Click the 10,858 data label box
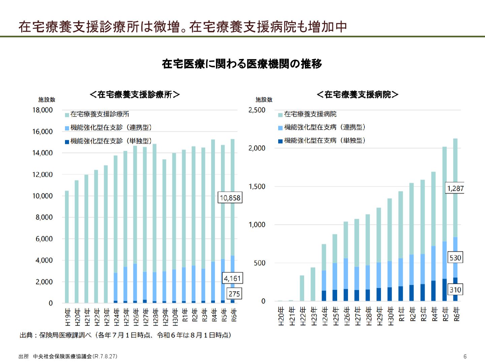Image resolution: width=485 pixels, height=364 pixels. pyautogui.click(x=230, y=198)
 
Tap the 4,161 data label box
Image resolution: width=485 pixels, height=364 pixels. pyautogui.click(x=232, y=278)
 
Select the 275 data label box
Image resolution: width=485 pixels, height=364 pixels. pyautogui.click(x=234, y=294)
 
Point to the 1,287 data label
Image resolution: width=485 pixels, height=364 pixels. pyautogui.click(x=455, y=188)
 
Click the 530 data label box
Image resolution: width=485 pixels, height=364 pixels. pyautogui.click(x=455, y=258)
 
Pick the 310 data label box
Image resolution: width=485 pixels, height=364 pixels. pyautogui.click(x=455, y=290)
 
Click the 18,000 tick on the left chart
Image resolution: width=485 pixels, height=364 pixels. pyautogui.click(x=42, y=110)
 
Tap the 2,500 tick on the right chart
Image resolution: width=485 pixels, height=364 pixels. pyautogui.click(x=257, y=110)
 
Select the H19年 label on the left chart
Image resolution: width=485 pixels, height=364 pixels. pyautogui.click(x=68, y=317)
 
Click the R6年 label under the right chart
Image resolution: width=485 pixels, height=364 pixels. pyautogui.click(x=456, y=314)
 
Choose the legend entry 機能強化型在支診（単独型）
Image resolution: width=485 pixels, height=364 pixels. pyautogui.click(x=108, y=141)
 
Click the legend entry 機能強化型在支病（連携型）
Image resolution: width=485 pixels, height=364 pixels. pyautogui.click(x=322, y=127)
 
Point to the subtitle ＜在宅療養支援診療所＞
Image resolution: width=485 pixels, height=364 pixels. pyautogui.click(x=135, y=95)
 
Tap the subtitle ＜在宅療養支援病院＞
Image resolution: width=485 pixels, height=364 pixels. pyautogui.click(x=358, y=95)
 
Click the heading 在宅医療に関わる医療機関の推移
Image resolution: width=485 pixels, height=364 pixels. pyautogui.click(x=242, y=64)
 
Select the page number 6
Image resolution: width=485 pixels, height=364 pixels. pyautogui.click(x=465, y=356)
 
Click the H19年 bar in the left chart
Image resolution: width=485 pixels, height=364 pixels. pyautogui.click(x=67, y=247)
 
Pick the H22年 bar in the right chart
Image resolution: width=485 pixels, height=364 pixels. pyautogui.click(x=302, y=288)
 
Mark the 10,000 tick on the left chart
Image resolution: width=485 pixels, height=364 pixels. pyautogui.click(x=42, y=196)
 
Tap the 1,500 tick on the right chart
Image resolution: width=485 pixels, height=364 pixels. pyautogui.click(x=257, y=187)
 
